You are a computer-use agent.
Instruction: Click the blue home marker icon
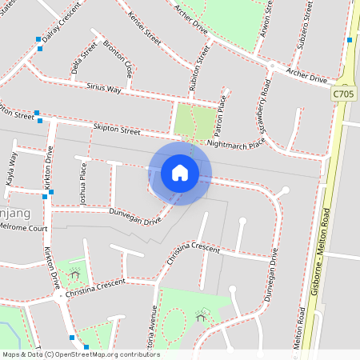click(x=179, y=173)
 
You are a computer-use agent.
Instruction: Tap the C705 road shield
click(x=343, y=94)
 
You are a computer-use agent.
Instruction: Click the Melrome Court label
click(x=24, y=228)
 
